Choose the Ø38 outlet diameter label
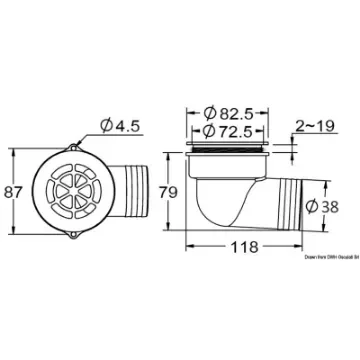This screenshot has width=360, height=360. tap(333, 207)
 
